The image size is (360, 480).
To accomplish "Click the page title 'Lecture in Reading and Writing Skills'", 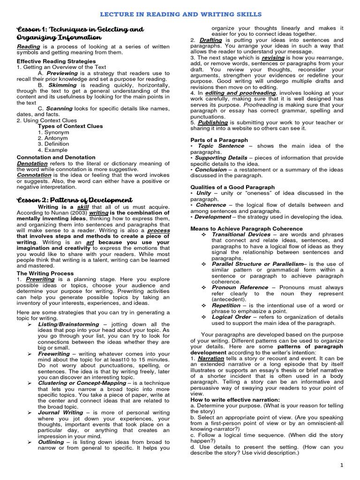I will tap(180, 15).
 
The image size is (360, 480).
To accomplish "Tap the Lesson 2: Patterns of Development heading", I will tap(75, 200).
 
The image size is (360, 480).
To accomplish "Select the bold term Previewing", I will tap(62, 73).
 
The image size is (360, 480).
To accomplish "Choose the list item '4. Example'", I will tap(52, 150).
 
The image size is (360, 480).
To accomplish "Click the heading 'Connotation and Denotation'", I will tap(50, 157).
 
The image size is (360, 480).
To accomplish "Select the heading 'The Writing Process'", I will tap(45, 273).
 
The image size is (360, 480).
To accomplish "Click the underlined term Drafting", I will tap(210, 40).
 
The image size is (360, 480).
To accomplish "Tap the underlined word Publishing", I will tap(212, 122).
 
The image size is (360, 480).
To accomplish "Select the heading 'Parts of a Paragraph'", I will tap(219, 140).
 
